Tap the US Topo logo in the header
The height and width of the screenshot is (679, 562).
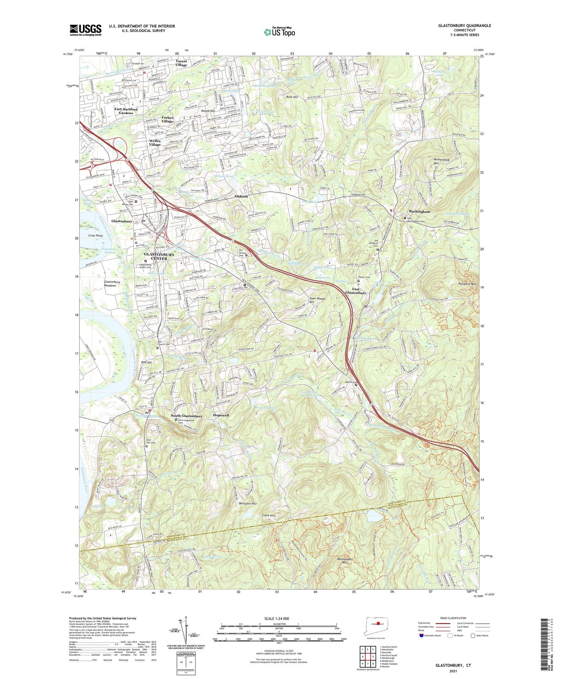pos(279,31)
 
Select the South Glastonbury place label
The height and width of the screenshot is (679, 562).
pos(186,416)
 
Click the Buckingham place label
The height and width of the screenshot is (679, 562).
pos(419,212)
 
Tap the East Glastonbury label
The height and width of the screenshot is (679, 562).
pos(355,290)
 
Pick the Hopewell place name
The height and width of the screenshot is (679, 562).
pos(221,415)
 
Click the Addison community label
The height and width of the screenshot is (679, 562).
pos(241,196)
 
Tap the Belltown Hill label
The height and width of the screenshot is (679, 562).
pos(248,503)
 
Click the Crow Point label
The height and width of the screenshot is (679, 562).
pos(95,236)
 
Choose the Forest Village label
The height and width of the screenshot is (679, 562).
pos(181,63)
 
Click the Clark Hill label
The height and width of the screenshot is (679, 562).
pos(268,515)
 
